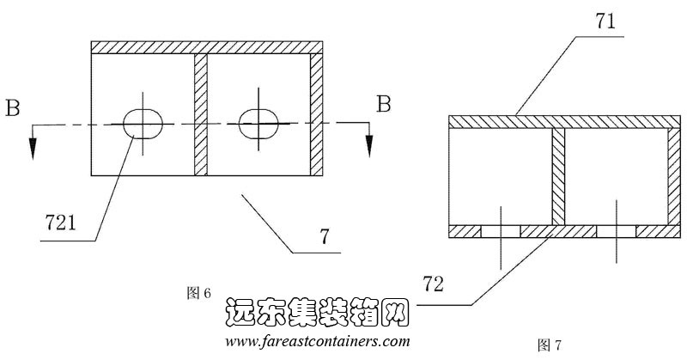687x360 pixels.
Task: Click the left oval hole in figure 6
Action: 143,124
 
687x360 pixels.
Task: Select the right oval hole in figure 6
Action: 259,123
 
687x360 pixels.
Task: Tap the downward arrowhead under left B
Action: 33,147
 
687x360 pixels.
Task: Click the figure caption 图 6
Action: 199,293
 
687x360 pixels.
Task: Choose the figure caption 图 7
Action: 549,345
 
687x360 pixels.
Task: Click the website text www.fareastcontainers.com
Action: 317,341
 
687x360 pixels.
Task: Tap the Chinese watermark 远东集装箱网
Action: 319,314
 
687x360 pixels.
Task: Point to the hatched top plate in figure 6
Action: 206,46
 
